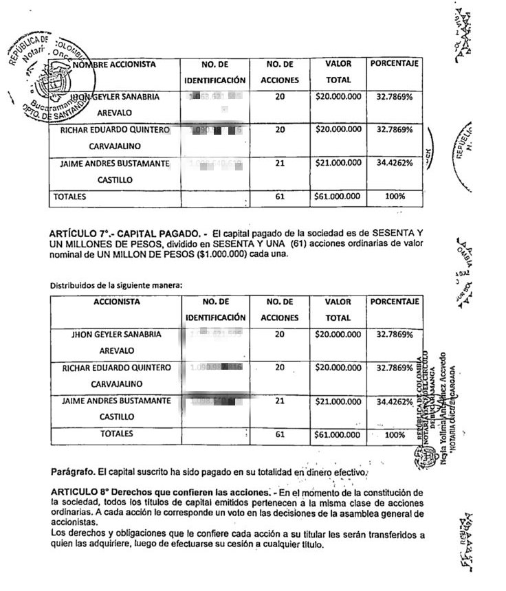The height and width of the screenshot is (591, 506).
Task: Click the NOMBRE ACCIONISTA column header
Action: (x=114, y=65)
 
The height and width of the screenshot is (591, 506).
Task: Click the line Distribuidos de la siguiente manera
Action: (x=115, y=285)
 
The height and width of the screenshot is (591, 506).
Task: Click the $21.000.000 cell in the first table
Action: (x=338, y=163)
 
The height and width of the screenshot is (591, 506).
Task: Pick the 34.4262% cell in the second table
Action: (x=395, y=401)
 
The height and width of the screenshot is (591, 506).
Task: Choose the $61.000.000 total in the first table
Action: (x=338, y=197)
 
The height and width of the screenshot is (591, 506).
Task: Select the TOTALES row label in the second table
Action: (x=117, y=434)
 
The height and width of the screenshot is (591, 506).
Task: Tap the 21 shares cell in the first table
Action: (x=280, y=163)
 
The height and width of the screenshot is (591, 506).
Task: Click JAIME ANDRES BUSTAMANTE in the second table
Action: (x=117, y=401)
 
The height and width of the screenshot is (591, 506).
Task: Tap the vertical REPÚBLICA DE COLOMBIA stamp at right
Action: (x=430, y=405)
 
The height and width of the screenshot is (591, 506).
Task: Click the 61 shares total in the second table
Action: (x=280, y=434)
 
